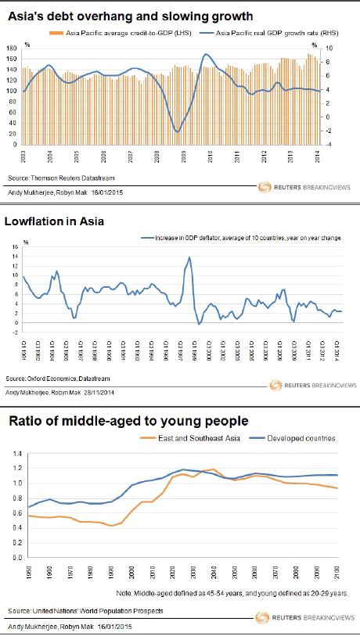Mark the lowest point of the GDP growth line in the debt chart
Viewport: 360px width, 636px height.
(178, 131)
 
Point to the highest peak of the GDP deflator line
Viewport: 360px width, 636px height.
(189, 257)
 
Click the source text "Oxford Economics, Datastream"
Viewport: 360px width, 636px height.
(65, 379)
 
